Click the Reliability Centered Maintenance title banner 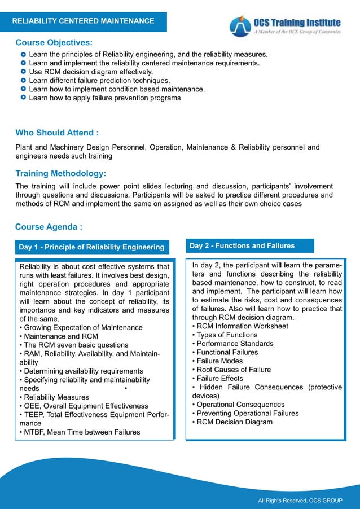point(84,21)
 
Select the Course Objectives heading point(54,43)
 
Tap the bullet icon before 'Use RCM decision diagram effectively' point(23,72)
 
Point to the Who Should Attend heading point(57,133)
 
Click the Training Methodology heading point(61,173)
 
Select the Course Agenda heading point(49,227)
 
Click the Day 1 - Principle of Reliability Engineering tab point(91,247)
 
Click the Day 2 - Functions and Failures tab point(242,246)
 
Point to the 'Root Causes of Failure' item point(231,370)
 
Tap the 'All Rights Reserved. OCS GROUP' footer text point(300,501)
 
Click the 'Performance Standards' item point(232,344)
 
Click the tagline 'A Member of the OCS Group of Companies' point(296,32)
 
